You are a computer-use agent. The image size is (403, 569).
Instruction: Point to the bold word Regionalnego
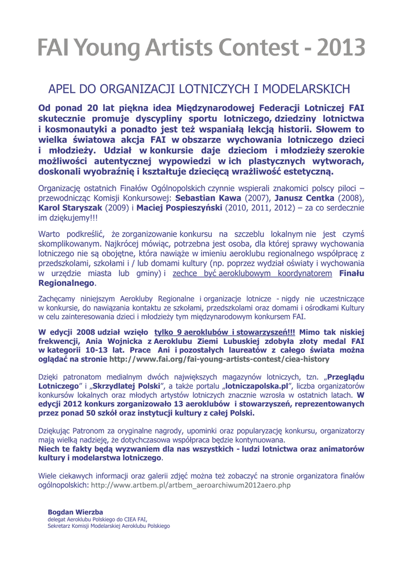66,283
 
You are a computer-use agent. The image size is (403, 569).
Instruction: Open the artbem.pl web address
191,485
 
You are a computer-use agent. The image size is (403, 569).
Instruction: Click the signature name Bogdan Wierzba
75,512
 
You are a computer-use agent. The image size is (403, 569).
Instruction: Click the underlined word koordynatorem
304,274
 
